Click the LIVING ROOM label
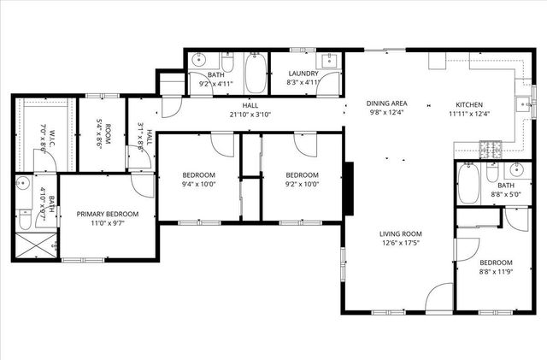[x=401, y=233]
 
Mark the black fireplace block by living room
[x=347, y=188]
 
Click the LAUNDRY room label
[x=303, y=74]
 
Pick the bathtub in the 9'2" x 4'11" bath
[x=256, y=74]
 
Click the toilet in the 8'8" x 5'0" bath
[x=493, y=171]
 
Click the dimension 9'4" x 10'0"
[x=199, y=183]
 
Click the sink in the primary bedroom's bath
[x=23, y=184]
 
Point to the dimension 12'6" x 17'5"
[x=401, y=243]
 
